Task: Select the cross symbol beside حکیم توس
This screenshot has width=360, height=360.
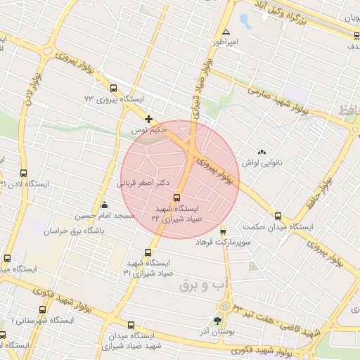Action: click(148, 120)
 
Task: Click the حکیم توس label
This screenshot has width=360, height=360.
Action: click(153, 130)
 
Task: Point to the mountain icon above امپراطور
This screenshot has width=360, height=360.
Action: click(225, 32)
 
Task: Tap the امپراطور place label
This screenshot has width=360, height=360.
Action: click(226, 43)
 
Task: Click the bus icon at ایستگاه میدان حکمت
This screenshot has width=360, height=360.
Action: click(278, 217)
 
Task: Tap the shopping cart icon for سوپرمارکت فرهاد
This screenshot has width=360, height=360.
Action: click(223, 231)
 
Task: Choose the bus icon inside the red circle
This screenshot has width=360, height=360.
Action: click(176, 198)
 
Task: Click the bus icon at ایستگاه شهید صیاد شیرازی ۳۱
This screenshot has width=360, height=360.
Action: click(147, 252)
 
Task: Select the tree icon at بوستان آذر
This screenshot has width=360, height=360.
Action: click(226, 321)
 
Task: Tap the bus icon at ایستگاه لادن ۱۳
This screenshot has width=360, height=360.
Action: click(23, 173)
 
